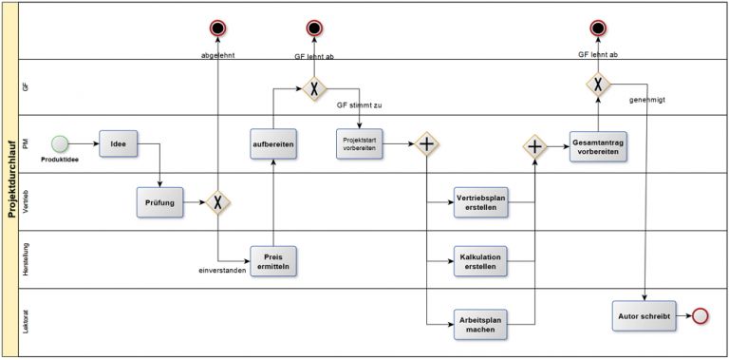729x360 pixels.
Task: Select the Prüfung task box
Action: tap(159, 201)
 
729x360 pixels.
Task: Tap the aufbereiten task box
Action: tap(273, 143)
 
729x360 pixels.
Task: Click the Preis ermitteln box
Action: tap(273, 263)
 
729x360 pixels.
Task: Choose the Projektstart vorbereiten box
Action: tap(360, 143)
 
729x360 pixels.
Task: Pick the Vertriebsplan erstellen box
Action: tap(480, 202)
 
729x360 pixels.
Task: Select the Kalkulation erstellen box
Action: tap(480, 261)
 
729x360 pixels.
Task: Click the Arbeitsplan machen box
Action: tap(480, 323)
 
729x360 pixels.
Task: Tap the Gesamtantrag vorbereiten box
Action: tap(597, 145)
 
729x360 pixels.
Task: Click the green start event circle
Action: tap(61, 143)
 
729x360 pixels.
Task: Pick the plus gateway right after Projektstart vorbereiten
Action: tap(427, 144)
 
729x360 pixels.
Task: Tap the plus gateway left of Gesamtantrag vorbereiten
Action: tap(535, 145)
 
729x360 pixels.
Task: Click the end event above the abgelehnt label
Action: tap(218, 27)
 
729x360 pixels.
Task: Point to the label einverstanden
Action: tap(222, 271)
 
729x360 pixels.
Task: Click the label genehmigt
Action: tap(648, 98)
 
